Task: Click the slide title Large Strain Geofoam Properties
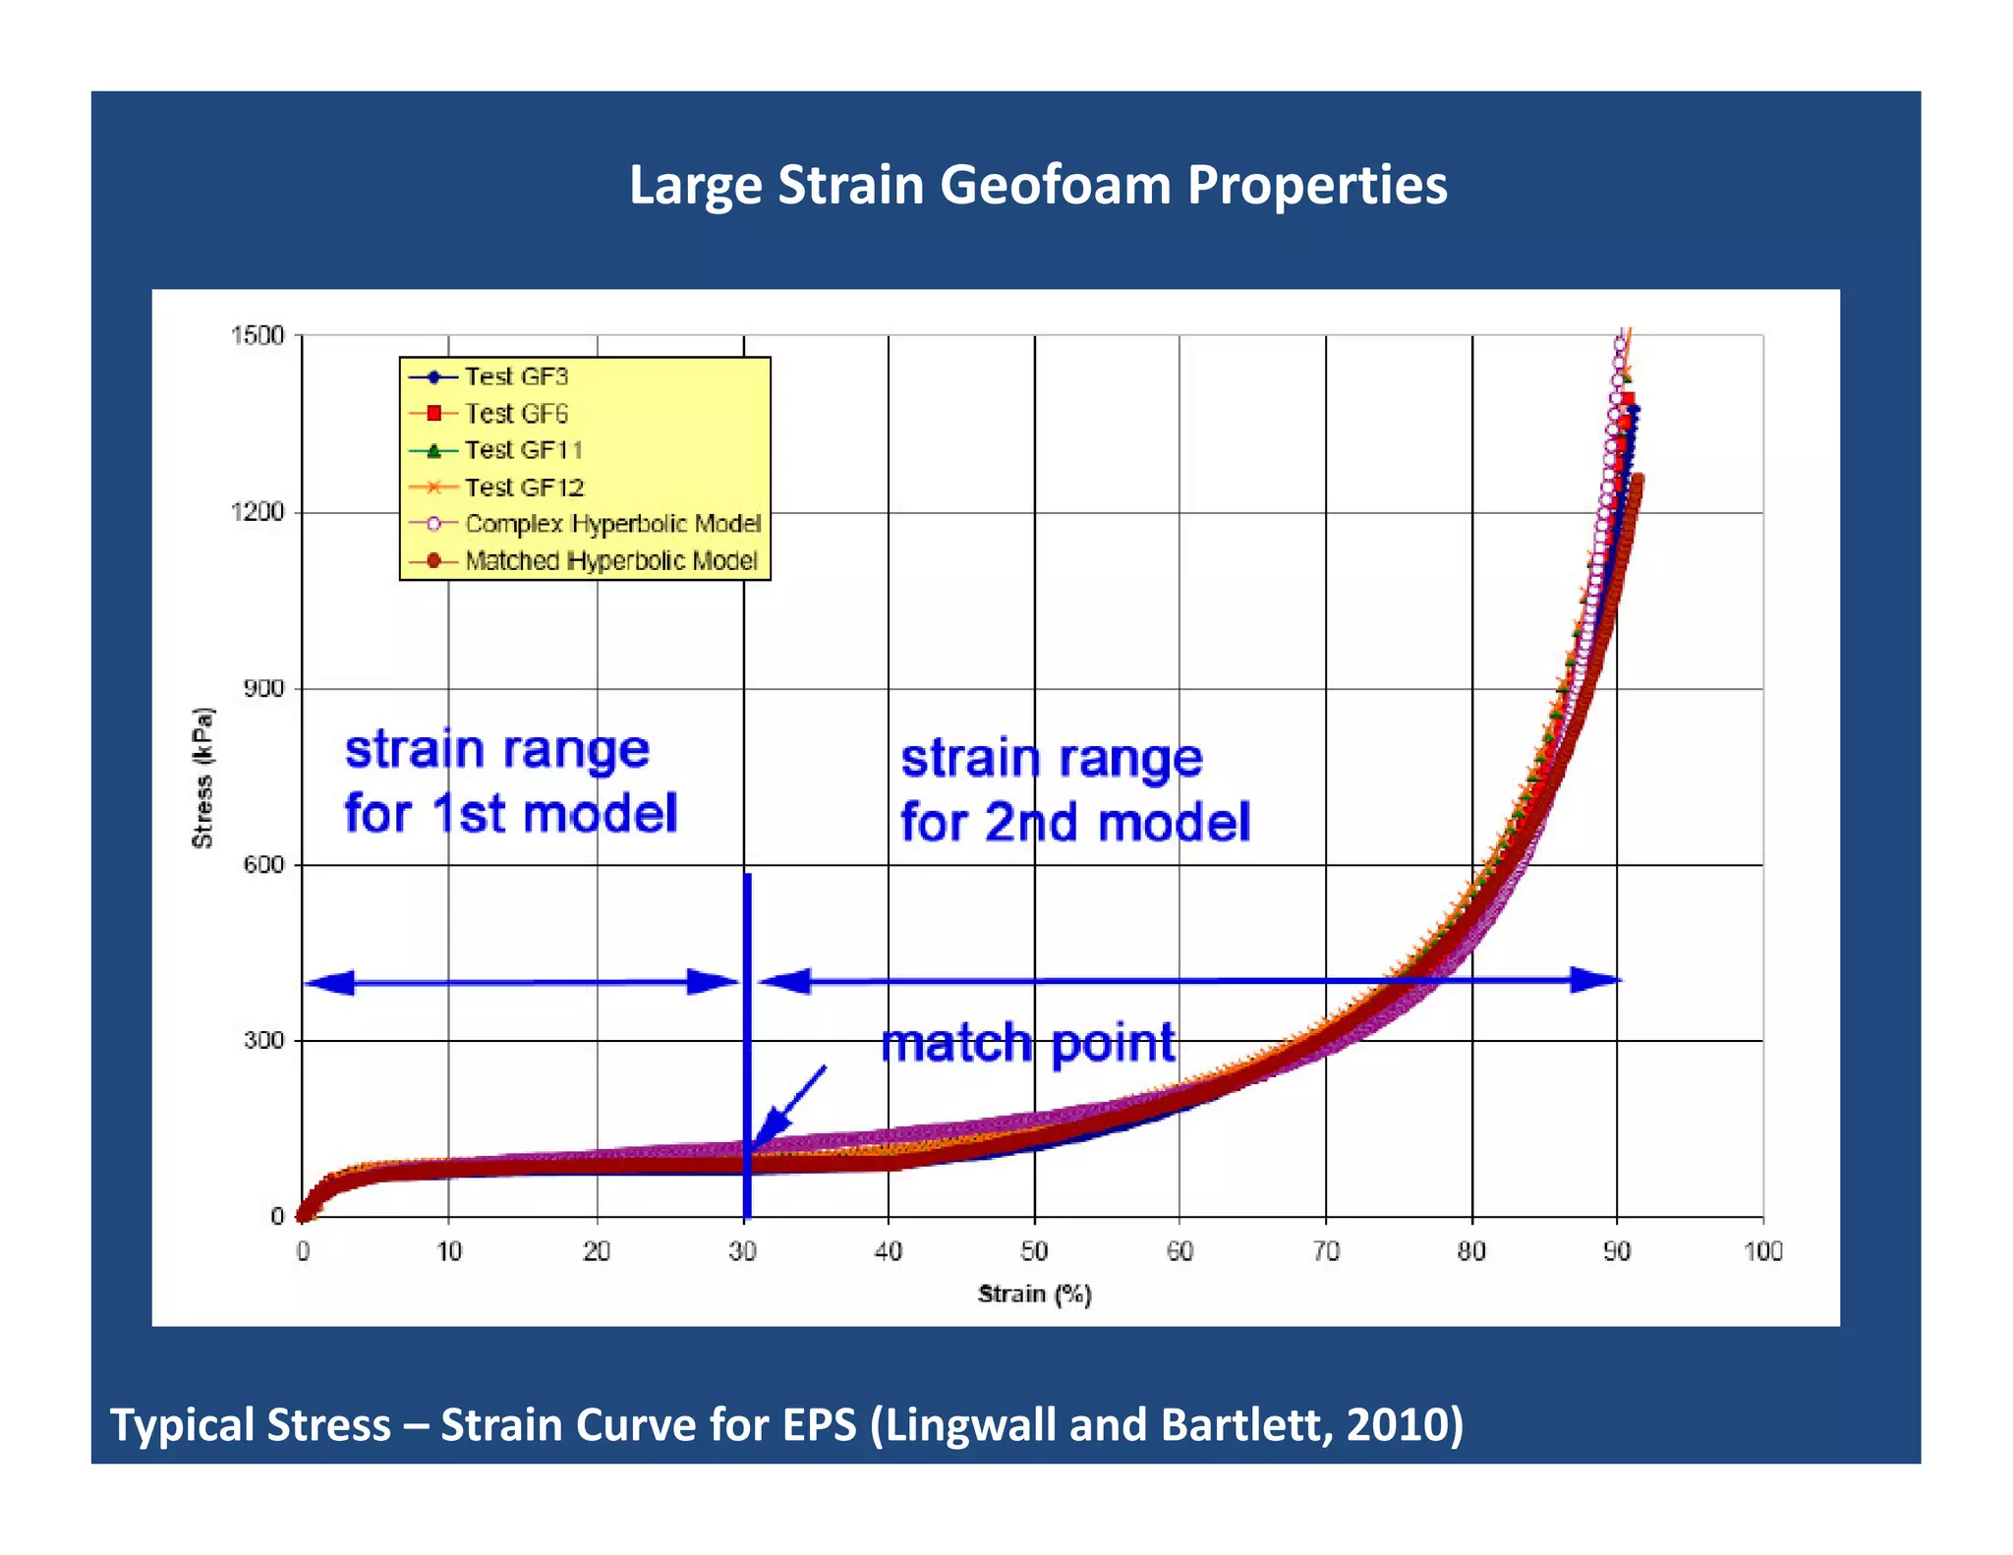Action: coord(1037,185)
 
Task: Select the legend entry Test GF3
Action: coord(516,376)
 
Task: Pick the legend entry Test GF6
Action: coord(516,413)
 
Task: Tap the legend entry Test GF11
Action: coord(523,450)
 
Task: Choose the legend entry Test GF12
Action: coord(524,487)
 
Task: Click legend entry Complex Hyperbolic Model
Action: coord(612,524)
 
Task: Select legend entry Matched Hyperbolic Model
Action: coord(610,560)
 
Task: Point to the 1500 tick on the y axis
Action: coord(257,336)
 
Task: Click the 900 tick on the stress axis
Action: coord(263,688)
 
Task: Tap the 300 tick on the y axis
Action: coord(263,1040)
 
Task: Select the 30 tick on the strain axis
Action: coord(743,1251)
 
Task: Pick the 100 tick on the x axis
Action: coord(1762,1251)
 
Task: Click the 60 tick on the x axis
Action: coord(1179,1251)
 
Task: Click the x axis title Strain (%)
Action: coord(1034,1295)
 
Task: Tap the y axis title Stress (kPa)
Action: coord(202,777)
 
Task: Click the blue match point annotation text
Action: coord(1027,1044)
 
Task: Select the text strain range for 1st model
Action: coord(510,781)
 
